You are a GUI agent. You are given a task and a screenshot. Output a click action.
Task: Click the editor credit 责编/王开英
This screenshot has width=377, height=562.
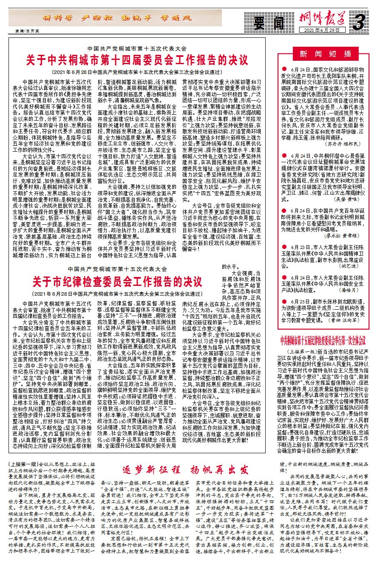tap(24, 31)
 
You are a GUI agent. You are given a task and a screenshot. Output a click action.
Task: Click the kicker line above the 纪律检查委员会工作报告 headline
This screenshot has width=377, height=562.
tap(118, 269)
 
